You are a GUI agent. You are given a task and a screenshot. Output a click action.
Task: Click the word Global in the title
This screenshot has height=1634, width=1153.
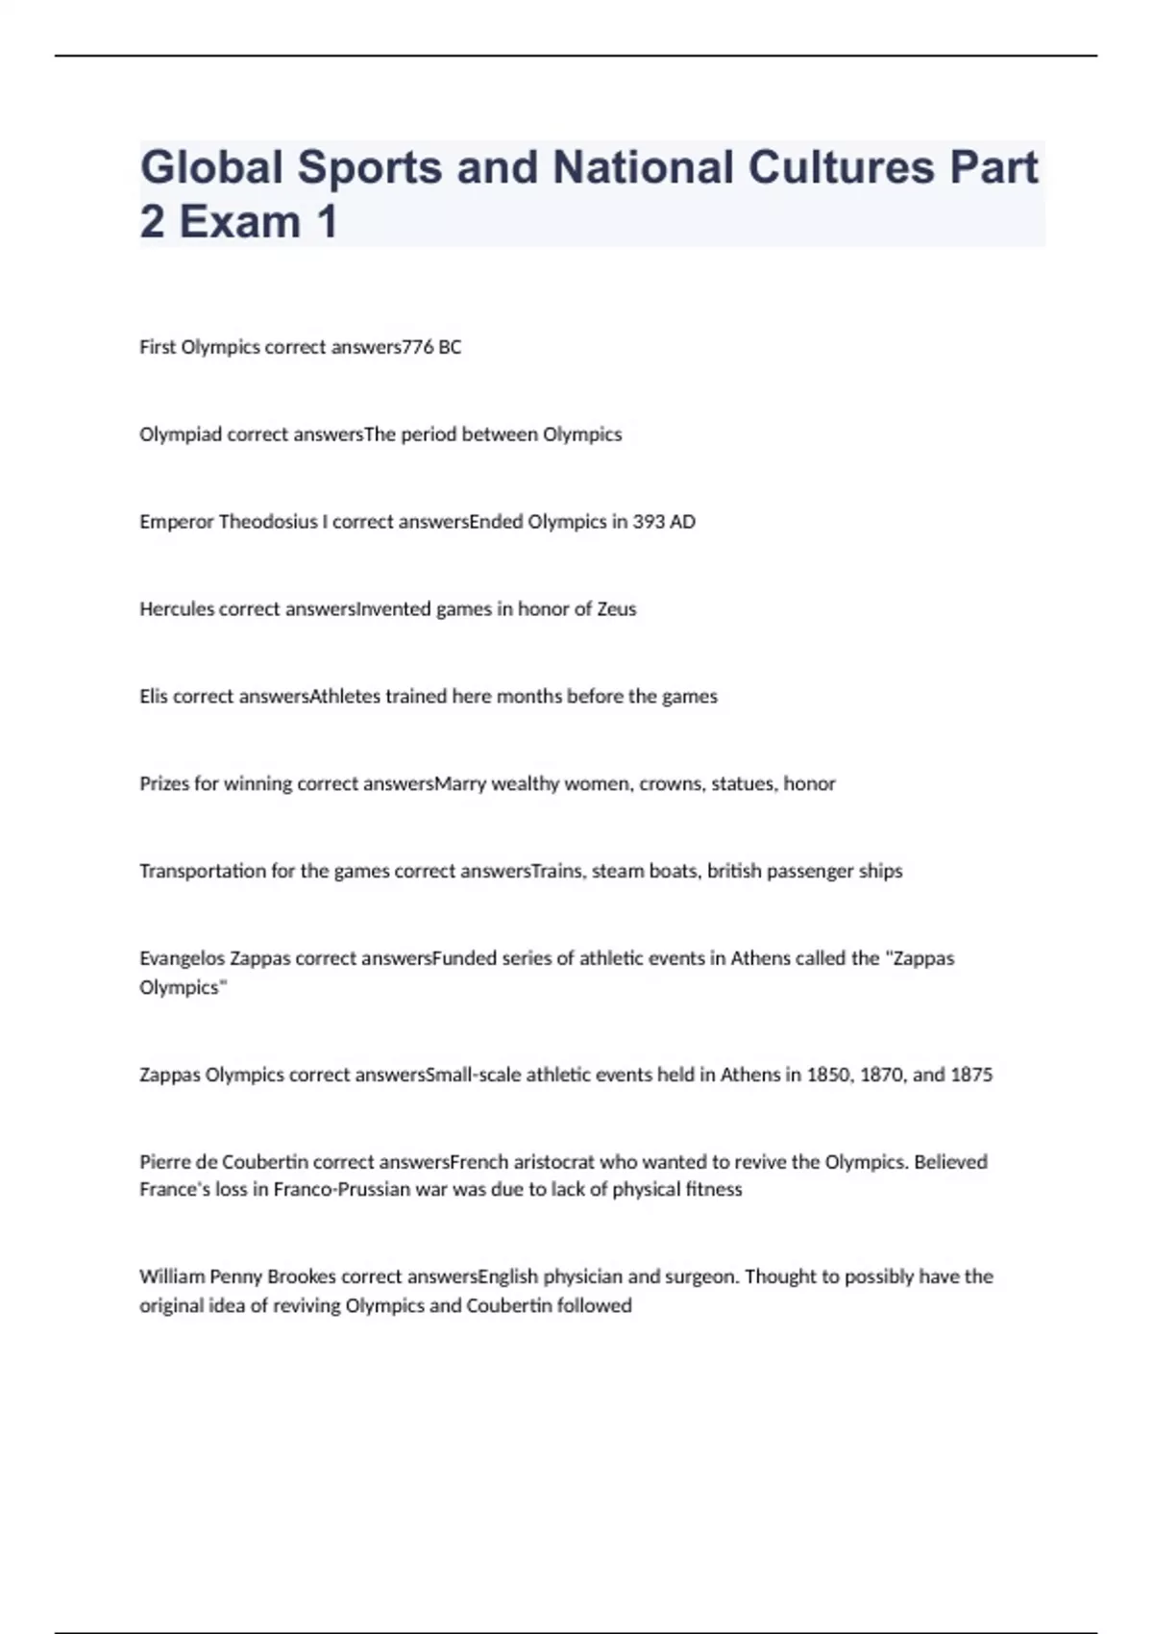211,167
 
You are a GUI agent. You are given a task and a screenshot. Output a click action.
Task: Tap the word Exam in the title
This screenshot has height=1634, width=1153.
240,222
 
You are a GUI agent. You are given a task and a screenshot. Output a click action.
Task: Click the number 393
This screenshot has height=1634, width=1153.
649,522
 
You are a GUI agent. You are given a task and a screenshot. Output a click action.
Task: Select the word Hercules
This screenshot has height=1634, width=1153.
177,609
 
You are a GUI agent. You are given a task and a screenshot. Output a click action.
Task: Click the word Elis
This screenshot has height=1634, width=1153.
154,697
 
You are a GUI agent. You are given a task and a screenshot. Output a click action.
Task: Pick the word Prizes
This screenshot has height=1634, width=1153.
164,784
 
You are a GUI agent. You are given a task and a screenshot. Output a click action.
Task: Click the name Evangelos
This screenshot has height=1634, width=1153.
182,958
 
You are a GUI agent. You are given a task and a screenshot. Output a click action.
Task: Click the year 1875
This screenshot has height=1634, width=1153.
970,1075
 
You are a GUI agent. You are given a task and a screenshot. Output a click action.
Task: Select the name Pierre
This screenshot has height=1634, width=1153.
164,1162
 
